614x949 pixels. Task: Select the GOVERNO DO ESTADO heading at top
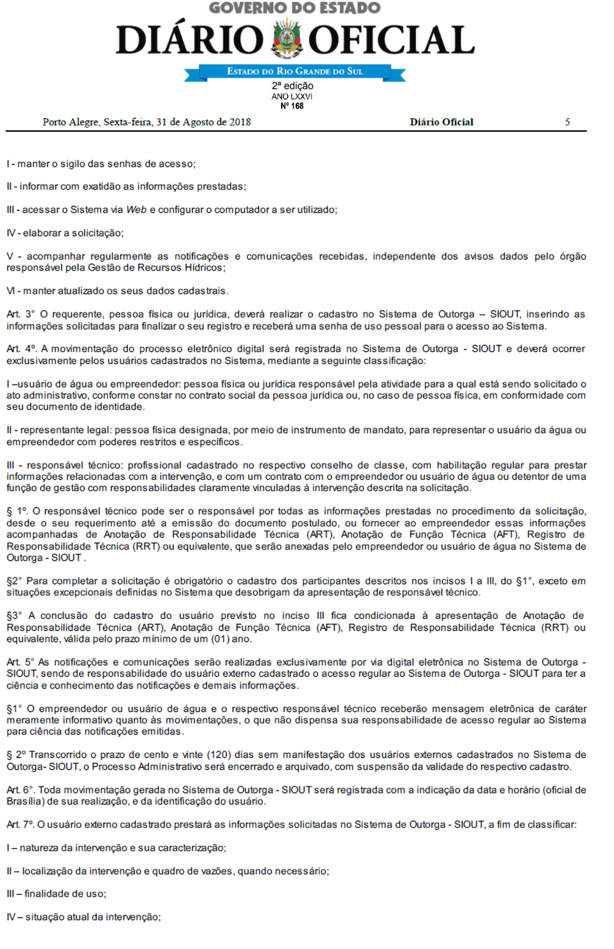pyautogui.click(x=295, y=8)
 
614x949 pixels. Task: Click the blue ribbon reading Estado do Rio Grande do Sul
pyautogui.click(x=295, y=72)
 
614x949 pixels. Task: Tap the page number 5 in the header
pyautogui.click(x=567, y=122)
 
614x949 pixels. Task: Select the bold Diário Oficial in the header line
pyautogui.click(x=441, y=122)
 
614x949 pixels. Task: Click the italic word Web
pyautogui.click(x=136, y=210)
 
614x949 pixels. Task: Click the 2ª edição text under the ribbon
pyautogui.click(x=292, y=86)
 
